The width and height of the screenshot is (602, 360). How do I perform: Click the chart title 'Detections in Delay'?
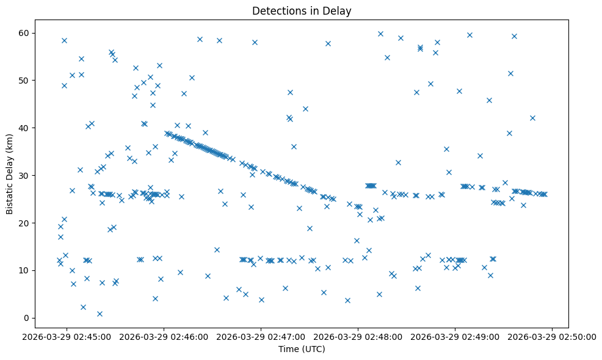tap(302, 11)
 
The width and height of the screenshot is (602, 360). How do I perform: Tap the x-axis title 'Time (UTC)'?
tap(302, 350)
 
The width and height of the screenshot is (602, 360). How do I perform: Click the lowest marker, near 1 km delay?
tap(100, 314)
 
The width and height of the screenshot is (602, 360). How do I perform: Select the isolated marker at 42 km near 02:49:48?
tap(532, 118)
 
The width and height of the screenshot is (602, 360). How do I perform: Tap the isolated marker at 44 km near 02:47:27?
tap(305, 109)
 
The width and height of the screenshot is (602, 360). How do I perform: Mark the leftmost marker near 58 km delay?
tap(64, 40)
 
